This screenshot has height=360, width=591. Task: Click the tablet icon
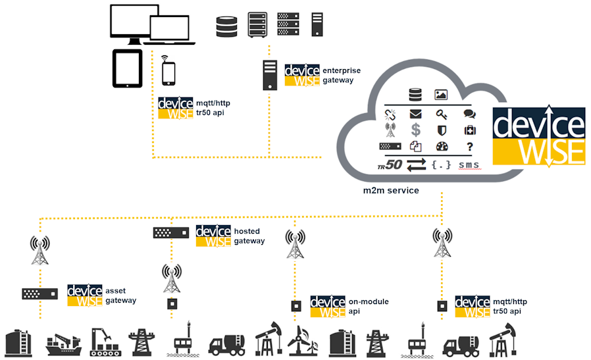coord(128,68)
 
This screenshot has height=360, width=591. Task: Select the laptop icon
coord(173,30)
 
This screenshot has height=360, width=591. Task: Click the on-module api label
coord(368,306)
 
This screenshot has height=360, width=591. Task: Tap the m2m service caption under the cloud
coord(391,190)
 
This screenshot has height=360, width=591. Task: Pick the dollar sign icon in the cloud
coord(415,130)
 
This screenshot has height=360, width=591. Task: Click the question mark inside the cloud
coord(469,146)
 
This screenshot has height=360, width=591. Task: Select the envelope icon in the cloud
coord(415,114)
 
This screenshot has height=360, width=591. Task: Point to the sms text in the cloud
coord(469,165)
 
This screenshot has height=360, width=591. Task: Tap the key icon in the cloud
coord(442,114)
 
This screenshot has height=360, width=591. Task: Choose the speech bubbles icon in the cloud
coord(469,114)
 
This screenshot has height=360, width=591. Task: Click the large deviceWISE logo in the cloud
coord(538,136)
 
